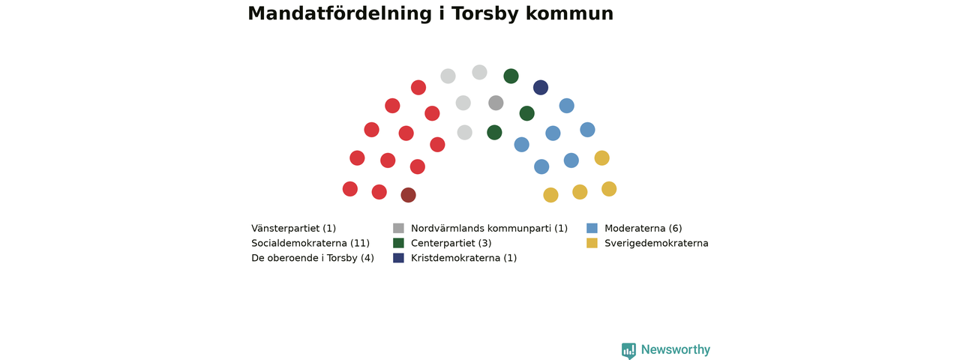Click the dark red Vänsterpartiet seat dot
(x=408, y=195)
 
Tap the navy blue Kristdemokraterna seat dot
(x=541, y=88)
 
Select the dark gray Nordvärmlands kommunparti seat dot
(x=496, y=103)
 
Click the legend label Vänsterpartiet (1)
(x=293, y=229)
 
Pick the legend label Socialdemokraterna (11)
(x=310, y=244)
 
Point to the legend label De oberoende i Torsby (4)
(x=313, y=258)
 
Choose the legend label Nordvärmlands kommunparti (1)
(x=489, y=229)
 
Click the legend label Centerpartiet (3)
(x=451, y=244)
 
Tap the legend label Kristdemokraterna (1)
(x=463, y=258)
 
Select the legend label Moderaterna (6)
(x=643, y=229)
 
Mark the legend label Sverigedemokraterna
(x=656, y=244)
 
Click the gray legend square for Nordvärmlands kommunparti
(x=398, y=228)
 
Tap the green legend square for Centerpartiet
(x=398, y=243)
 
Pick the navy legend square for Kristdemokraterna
(x=398, y=257)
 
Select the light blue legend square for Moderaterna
(x=592, y=228)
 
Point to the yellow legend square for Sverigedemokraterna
(x=592, y=243)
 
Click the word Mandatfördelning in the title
(x=340, y=13)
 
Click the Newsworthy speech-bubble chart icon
(x=628, y=350)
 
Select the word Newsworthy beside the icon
(x=676, y=349)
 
